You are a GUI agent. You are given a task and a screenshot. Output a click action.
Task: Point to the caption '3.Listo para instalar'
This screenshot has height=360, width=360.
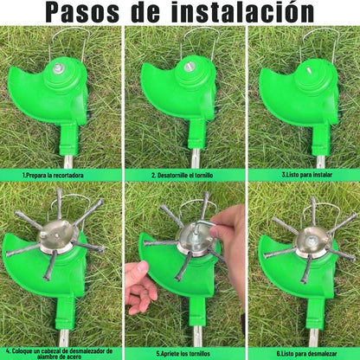point(299,173)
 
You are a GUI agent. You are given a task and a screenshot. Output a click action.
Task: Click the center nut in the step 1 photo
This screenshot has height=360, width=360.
point(59,67)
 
